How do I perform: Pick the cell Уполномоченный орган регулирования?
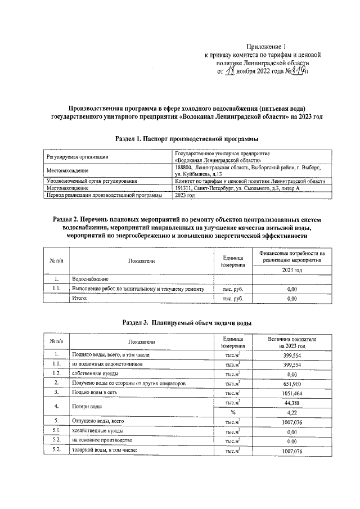pyautogui.click(x=93, y=181)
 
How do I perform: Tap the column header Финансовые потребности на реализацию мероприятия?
pyautogui.click(x=292, y=257)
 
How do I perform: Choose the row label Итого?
pyautogui.click(x=78, y=299)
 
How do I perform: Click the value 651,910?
pyautogui.click(x=292, y=383)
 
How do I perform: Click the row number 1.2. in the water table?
pyautogui.click(x=56, y=373)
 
